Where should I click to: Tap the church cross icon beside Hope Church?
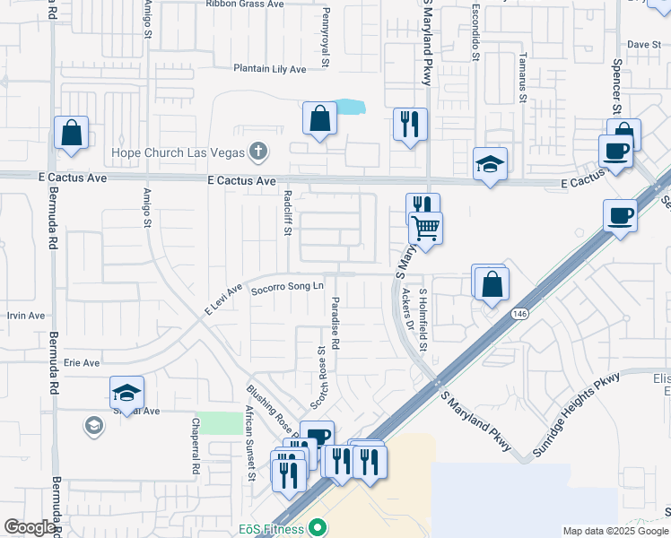[x=258, y=151]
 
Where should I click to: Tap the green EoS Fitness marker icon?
[x=315, y=528]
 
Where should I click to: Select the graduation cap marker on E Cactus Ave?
[x=490, y=165]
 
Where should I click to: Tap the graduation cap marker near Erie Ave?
[x=126, y=393]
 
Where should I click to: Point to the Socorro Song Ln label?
[x=286, y=288]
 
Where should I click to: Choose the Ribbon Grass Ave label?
[x=244, y=4]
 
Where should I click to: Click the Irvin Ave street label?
[x=25, y=316]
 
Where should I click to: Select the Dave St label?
[x=643, y=43]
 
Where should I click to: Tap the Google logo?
[x=30, y=527]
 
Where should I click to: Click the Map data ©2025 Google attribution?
[x=615, y=531]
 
